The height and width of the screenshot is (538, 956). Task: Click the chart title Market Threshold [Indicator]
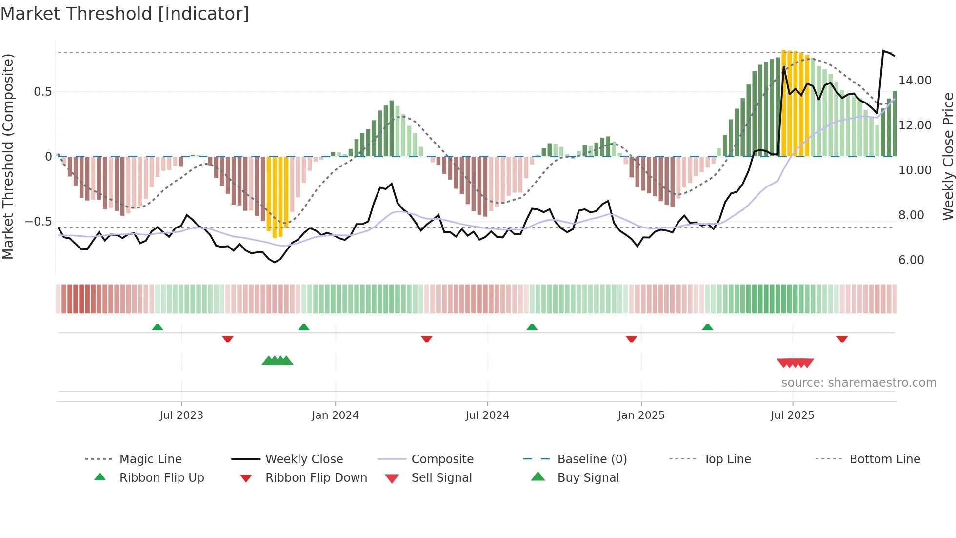125,14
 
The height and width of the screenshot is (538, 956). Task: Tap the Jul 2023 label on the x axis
181,415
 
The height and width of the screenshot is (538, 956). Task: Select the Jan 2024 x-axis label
335,415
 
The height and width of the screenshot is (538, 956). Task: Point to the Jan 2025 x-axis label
641,415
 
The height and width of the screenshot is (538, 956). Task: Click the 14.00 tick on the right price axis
915,81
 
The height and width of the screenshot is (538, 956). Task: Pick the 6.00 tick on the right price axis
911,260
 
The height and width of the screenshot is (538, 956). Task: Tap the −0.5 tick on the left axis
38,222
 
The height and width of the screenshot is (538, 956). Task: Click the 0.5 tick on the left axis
42,92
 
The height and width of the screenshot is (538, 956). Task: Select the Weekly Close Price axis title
948,156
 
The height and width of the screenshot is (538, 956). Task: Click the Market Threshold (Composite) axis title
8,156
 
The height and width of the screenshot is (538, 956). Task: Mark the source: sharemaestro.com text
858,383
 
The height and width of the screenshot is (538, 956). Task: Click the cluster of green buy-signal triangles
277,361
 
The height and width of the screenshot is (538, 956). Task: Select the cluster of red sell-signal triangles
795,363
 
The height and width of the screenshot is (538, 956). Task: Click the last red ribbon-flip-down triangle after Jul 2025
842,339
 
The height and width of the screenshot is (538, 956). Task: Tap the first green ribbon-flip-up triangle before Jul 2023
158,327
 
